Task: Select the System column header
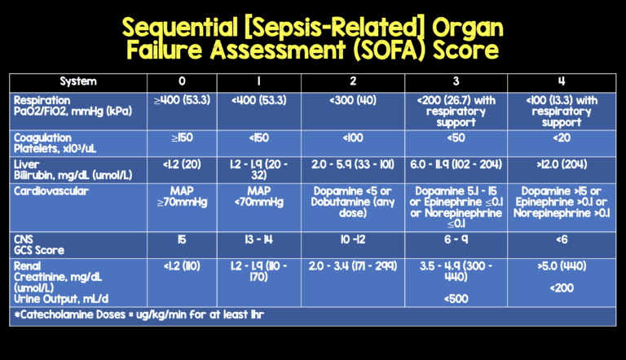(78, 81)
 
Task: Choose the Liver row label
(27, 165)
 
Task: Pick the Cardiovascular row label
(50, 191)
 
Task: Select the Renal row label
(29, 266)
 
